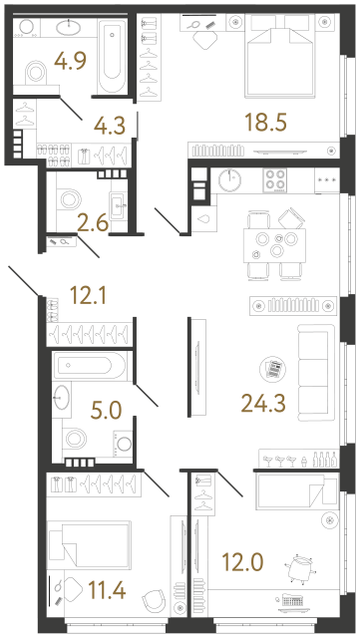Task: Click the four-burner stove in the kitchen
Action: pos(275,182)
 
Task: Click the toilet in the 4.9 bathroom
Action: pos(37,72)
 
